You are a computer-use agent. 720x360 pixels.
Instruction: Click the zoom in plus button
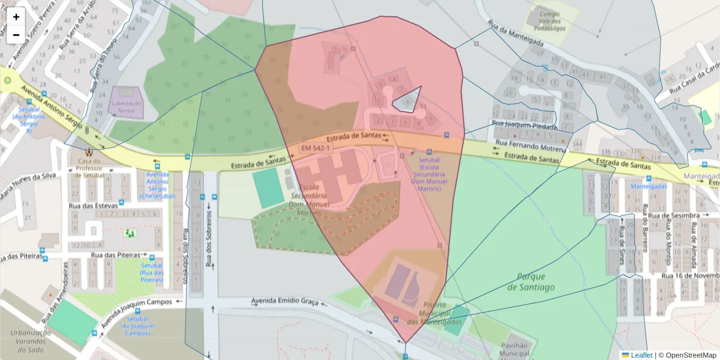tap(16, 17)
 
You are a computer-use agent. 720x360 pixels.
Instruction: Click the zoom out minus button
tap(16, 35)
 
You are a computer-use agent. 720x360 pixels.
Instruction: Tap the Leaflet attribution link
tap(641, 355)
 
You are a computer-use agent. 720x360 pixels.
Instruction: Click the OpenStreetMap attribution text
tap(690, 355)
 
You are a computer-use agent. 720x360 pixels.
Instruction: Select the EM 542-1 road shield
tap(315, 148)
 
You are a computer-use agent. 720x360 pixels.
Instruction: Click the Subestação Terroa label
tap(126, 107)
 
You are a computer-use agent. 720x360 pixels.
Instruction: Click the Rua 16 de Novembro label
tap(690, 275)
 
